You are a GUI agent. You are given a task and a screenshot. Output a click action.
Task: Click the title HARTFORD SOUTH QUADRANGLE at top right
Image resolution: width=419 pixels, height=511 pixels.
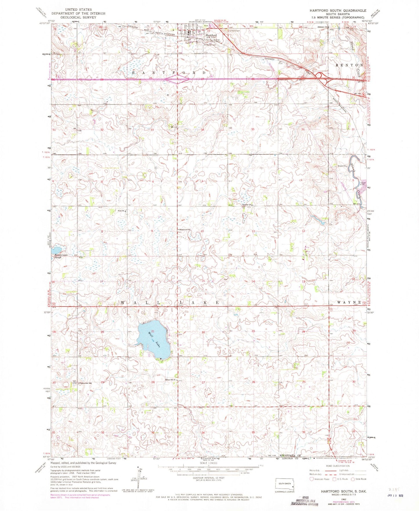point(338,10)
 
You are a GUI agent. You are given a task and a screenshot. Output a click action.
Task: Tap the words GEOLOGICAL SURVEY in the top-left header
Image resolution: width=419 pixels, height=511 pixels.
point(78,17)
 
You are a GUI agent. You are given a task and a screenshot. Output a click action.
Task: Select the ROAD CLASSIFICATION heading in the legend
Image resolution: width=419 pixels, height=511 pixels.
point(337,466)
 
